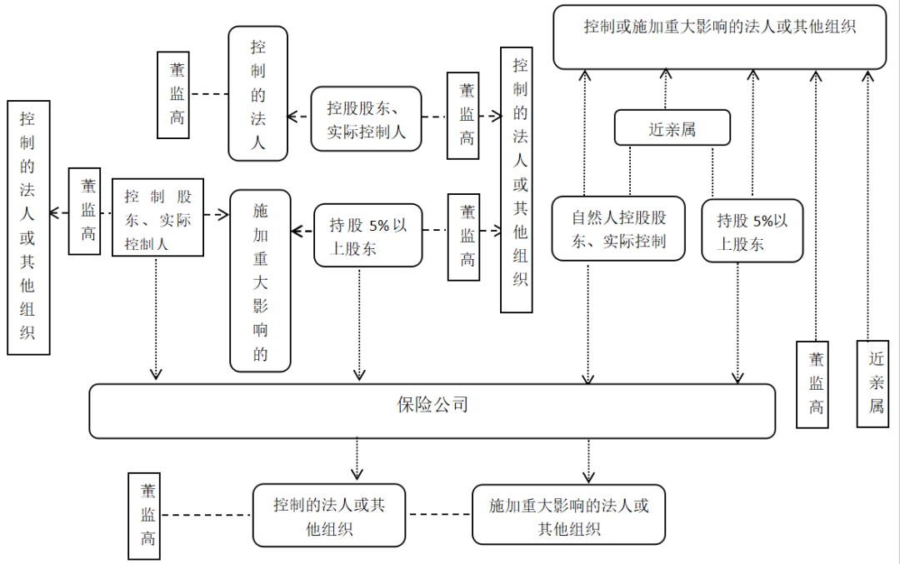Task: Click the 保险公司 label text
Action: pos(432,405)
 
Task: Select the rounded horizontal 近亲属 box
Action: pos(672,128)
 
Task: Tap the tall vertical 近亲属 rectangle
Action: pos(872,384)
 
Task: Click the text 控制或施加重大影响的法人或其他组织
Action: pos(720,27)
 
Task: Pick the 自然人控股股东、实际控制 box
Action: pos(618,228)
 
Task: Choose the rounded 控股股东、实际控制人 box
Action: pos(366,119)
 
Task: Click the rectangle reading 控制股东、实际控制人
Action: pos(157,217)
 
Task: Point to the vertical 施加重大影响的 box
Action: pos(260,281)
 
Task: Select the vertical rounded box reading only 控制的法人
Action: pos(257,93)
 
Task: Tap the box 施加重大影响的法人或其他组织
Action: pos(569,515)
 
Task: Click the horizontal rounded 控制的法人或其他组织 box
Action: pos(329,515)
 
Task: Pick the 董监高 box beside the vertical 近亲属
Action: pos(812,384)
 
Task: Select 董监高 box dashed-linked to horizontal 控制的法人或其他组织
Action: pos(144,516)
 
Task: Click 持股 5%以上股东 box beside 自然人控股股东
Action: pos(752,231)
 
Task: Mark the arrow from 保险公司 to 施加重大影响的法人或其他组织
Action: pos(588,461)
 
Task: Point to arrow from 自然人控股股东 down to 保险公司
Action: pos(587,323)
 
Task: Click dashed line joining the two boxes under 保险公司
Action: pos(438,514)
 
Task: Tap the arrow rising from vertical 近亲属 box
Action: pos(867,206)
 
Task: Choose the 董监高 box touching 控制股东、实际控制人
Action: pos(84,211)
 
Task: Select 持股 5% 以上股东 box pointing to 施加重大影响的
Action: pos(368,235)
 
